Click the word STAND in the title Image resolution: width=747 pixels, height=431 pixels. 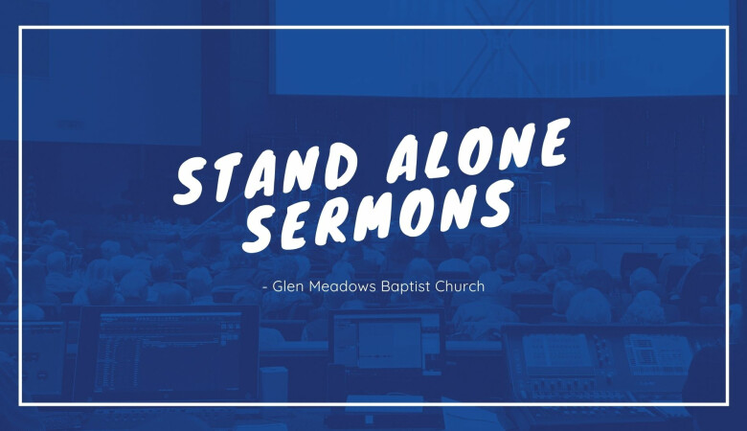(266, 172)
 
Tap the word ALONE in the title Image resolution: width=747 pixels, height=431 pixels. (478, 150)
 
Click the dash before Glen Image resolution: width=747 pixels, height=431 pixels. (265, 287)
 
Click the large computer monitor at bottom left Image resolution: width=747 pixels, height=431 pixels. (167, 352)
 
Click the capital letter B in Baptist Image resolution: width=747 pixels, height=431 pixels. (387, 286)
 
